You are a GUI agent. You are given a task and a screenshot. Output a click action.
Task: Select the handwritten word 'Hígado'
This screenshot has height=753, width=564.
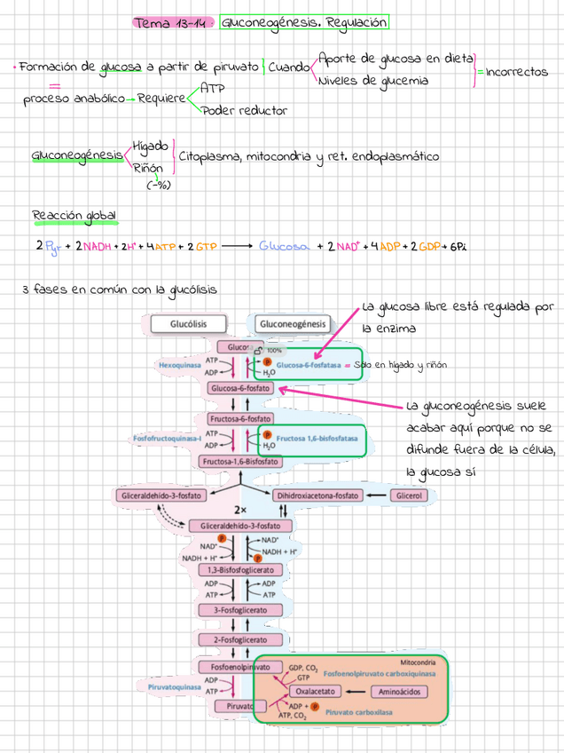pos(150,147)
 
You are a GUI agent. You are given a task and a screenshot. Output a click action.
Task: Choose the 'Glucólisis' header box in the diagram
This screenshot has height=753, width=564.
pos(189,324)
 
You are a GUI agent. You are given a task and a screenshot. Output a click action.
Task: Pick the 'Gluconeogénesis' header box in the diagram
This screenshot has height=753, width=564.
pos(293,324)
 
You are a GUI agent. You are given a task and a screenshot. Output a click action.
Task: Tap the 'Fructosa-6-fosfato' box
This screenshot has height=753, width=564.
pos(240,417)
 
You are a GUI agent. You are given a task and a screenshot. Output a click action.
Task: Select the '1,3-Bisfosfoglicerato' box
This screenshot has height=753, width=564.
pos(240,568)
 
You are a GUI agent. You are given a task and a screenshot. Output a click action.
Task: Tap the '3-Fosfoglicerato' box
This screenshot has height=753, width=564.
pos(240,610)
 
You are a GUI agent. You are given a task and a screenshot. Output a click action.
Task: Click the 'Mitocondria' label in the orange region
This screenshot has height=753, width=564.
pos(418,662)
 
